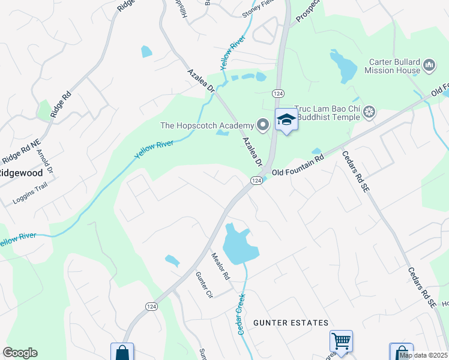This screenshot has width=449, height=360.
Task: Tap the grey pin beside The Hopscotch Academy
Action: pos(262,125)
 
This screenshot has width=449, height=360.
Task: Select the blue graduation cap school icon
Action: pos(286,120)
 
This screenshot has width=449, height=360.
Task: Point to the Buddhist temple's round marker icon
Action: pos(370,111)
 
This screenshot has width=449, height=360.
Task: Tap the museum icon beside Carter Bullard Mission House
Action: pos(429,65)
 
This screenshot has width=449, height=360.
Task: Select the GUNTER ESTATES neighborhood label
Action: pos(291,323)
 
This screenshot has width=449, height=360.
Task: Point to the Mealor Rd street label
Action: pos(220,266)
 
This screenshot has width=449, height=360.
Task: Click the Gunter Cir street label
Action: pos(204,285)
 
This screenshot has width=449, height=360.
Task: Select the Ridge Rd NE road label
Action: pos(21,154)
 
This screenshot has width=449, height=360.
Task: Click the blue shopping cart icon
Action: pos(341,341)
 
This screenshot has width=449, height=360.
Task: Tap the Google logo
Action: pos(20,353)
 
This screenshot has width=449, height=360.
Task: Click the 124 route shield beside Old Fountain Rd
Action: pos(256,181)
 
